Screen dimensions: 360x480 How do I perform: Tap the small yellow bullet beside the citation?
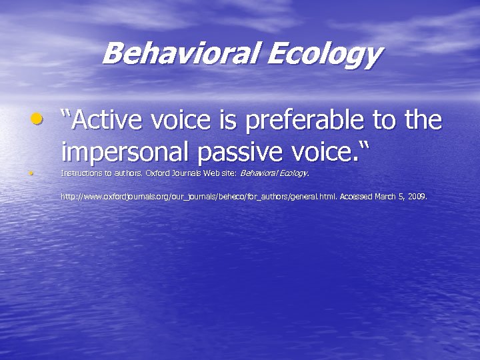31,173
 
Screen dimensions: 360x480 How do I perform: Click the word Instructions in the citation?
79,173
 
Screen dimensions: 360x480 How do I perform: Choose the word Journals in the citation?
183,173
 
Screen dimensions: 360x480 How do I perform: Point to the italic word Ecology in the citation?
292,173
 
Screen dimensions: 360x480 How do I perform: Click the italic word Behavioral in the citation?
257,173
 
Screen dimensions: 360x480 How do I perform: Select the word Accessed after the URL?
357,197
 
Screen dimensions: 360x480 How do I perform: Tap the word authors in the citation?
123,173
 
